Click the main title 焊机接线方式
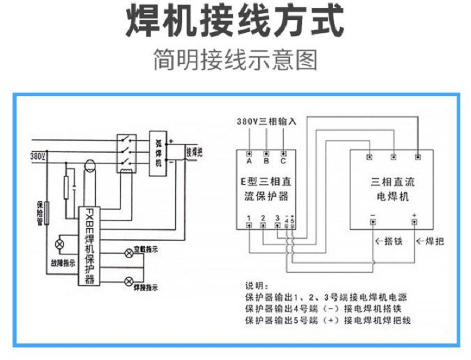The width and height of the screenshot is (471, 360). point(235,24)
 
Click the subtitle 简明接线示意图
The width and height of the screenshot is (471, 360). point(235,61)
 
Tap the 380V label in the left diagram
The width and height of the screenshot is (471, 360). point(37,155)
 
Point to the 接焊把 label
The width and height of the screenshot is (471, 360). point(194,152)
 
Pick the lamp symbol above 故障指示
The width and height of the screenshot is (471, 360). point(61,244)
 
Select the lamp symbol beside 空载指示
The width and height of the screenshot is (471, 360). point(129,253)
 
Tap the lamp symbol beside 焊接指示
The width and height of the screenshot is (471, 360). point(129,280)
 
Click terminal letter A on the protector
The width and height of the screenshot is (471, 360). point(249,161)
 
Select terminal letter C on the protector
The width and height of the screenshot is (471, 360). point(283,161)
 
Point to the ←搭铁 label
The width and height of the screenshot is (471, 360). point(388,241)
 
